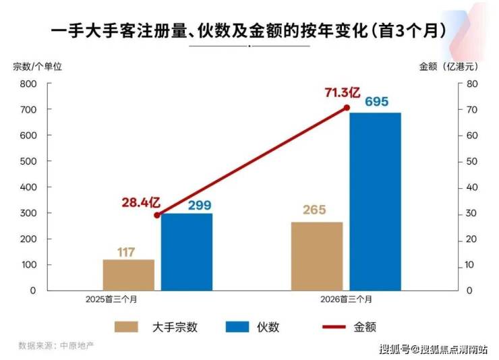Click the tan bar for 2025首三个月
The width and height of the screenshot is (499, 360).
(129, 275)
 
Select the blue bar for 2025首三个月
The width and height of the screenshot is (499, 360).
(187, 252)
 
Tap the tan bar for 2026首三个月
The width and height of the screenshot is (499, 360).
(317, 256)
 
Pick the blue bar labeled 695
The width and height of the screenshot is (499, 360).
(375, 202)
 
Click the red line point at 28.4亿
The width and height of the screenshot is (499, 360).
(157, 216)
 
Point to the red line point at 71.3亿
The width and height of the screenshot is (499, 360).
(347, 108)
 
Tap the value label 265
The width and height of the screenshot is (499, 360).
(314, 210)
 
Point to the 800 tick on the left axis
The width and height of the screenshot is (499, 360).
(28, 84)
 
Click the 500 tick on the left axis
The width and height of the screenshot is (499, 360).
(28, 161)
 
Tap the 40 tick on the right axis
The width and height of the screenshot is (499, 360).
(472, 187)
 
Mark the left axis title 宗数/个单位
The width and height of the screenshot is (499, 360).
(38, 67)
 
